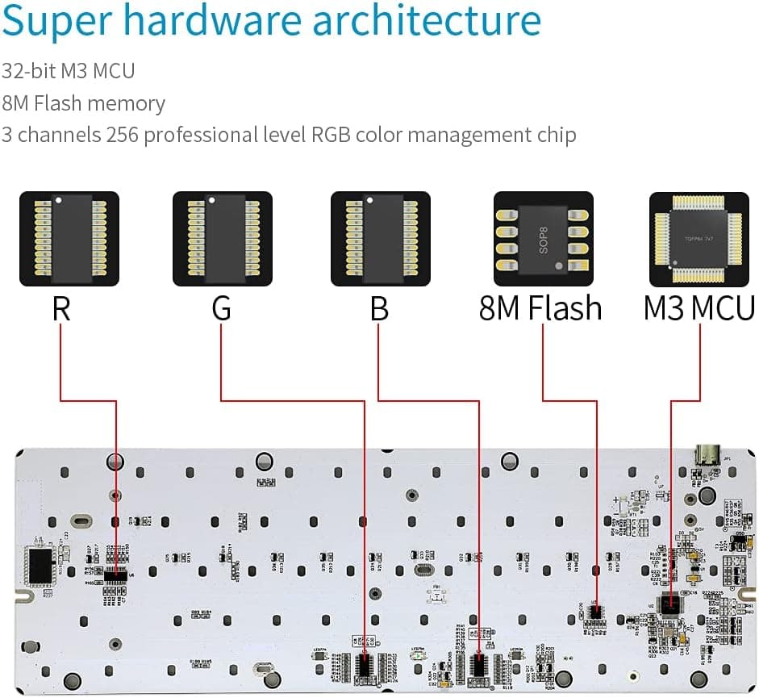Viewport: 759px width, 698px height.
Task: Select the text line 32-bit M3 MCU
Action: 69,71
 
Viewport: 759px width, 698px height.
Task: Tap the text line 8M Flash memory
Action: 83,104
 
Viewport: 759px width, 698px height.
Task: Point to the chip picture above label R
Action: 69,238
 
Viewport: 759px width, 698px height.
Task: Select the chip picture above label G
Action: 223,238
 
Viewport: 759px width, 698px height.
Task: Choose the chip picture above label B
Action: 381,238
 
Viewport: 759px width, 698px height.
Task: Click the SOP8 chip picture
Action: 543,238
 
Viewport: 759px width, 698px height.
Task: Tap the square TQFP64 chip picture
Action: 699,238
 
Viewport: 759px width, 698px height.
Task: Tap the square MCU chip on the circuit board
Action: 669,604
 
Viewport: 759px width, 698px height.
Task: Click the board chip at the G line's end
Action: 365,665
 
